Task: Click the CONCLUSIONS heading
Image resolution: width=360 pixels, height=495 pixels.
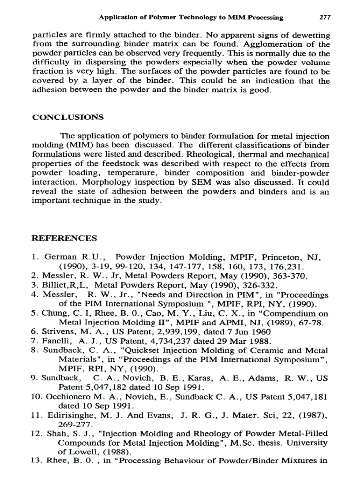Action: click(x=68, y=117)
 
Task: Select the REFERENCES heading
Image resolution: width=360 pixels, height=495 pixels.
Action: click(x=65, y=238)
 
